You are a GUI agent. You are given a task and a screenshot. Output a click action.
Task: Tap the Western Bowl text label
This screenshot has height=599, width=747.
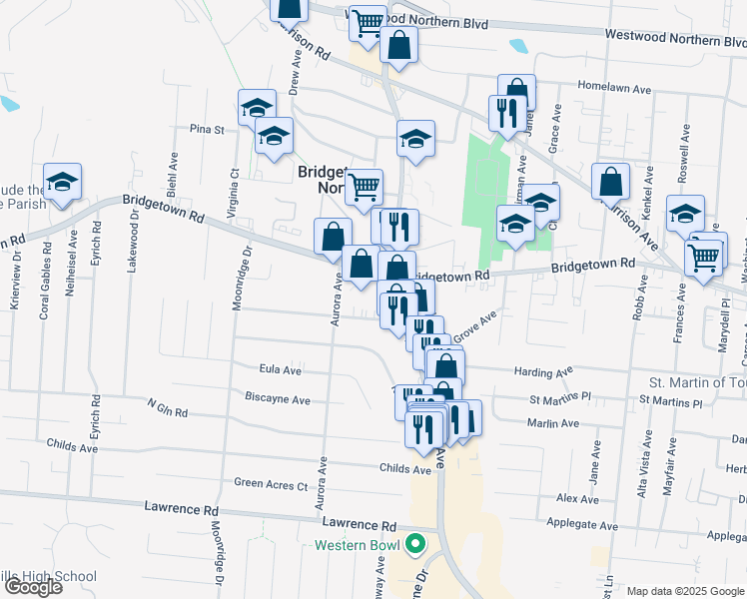pos(357,545)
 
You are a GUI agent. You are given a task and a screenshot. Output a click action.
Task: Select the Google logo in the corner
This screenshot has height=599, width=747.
pos(33,586)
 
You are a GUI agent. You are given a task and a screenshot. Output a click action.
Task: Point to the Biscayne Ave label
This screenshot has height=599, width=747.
pos(278,399)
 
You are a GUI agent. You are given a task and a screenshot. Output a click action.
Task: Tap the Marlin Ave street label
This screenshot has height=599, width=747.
pos(554,423)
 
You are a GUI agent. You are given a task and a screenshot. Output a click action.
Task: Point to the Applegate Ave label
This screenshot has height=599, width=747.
pos(583,525)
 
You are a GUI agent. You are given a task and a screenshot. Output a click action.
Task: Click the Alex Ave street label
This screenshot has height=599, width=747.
pos(577,497)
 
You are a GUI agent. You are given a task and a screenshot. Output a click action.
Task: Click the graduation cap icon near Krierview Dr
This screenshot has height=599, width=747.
pos(62,183)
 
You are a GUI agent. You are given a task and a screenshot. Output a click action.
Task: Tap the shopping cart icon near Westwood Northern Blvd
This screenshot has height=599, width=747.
pos(368,21)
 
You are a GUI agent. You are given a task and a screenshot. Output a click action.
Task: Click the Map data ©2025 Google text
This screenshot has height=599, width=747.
pos(684,591)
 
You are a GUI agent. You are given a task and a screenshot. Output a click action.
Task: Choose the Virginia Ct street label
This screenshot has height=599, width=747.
pos(234,187)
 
